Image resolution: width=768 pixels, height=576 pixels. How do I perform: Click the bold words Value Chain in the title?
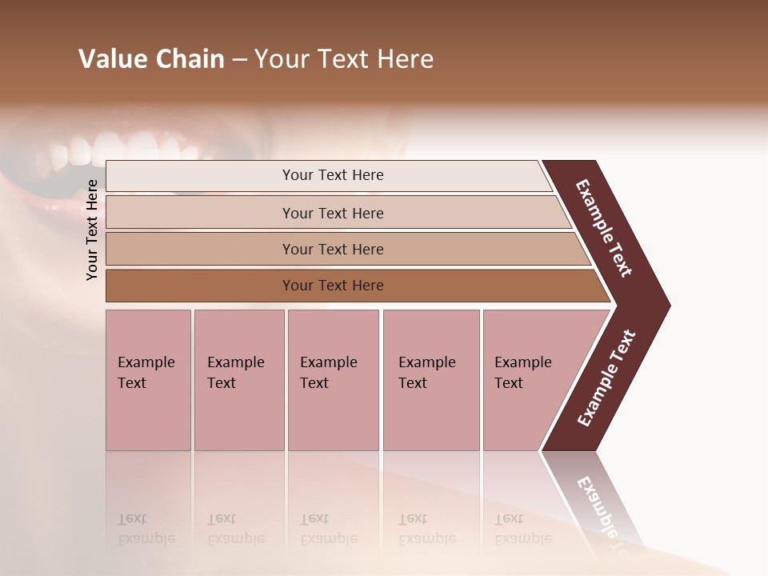[151, 59]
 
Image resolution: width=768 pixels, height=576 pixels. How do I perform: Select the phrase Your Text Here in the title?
[344, 59]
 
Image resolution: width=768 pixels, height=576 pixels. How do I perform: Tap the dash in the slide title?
[239, 60]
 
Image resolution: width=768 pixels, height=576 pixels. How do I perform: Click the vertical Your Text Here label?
[92, 230]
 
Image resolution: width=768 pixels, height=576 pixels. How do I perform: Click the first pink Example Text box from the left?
[148, 380]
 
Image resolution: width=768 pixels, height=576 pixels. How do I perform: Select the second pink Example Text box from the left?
[239, 380]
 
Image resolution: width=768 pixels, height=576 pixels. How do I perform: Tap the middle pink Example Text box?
[333, 380]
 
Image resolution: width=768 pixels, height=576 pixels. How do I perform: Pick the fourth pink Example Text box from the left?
[431, 380]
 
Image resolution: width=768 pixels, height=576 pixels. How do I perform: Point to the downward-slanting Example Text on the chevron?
[604, 228]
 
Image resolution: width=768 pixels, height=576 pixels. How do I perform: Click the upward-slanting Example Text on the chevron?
[606, 378]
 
